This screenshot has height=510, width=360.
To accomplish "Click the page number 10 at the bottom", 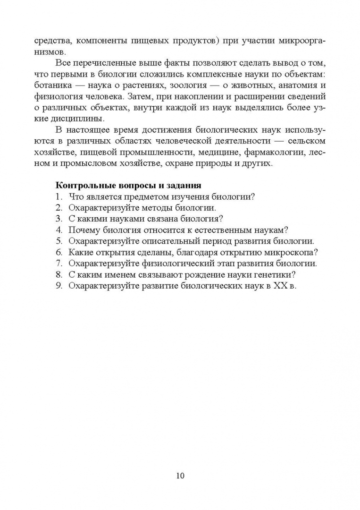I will tap(180, 475).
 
